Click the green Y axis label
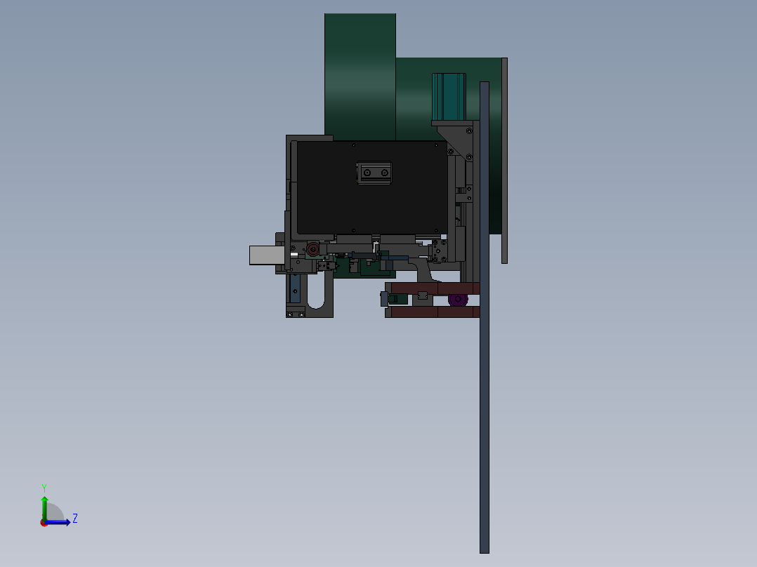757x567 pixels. pos(44,487)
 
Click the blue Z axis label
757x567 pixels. pos(74,519)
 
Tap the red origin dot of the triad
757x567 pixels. pos(44,523)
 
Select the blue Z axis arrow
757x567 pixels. pos(60,522)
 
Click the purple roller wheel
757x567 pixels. pos(458,300)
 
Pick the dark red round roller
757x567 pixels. pos(312,250)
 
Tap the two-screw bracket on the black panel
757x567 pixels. pos(374,173)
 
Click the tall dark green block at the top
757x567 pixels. pos(360,70)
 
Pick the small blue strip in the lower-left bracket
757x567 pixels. pos(296,288)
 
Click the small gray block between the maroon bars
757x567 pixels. pos(422,295)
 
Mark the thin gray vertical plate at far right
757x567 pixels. pos(504,161)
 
